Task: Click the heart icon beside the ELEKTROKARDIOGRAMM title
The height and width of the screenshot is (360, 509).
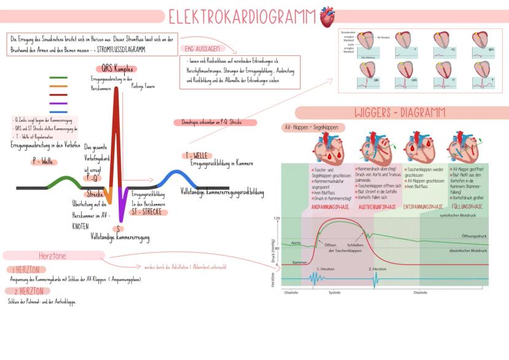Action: (327, 17)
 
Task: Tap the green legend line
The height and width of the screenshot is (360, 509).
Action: (58, 78)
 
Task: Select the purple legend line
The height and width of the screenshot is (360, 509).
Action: (58, 104)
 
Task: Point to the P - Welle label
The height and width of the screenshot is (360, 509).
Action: (42, 161)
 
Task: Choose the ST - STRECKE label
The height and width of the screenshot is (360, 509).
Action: (147, 212)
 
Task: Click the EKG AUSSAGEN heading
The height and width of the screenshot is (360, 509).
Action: (201, 48)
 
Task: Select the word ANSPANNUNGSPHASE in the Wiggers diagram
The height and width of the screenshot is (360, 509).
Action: (331, 207)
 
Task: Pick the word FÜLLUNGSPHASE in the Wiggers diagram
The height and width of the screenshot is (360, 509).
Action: (467, 207)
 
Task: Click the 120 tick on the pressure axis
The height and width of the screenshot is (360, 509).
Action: (277, 219)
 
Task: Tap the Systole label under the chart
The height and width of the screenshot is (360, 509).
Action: (334, 292)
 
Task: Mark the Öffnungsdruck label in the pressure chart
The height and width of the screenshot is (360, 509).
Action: (473, 237)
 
